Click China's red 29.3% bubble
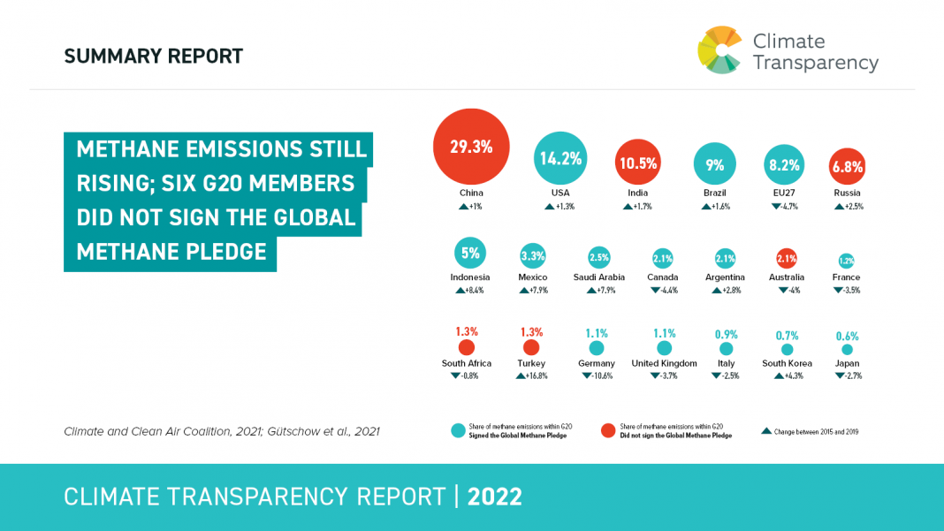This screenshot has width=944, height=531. [x=471, y=147]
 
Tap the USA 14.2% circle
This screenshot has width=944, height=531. [x=560, y=159]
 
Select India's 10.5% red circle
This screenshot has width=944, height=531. [x=638, y=163]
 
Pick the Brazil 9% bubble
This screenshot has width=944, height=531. [x=715, y=164]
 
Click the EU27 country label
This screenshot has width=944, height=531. [x=783, y=193]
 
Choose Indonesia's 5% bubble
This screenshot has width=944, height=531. [x=470, y=254]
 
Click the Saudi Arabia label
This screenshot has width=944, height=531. [x=599, y=277]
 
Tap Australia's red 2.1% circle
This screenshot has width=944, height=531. [x=787, y=258]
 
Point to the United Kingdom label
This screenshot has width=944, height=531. [x=665, y=363]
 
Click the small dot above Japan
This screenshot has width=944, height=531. [x=848, y=349]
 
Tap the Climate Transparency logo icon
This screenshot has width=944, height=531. [x=719, y=50]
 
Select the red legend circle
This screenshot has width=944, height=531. [x=608, y=431]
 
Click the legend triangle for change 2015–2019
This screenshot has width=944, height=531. [x=765, y=431]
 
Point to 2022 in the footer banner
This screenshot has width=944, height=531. [x=495, y=497]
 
